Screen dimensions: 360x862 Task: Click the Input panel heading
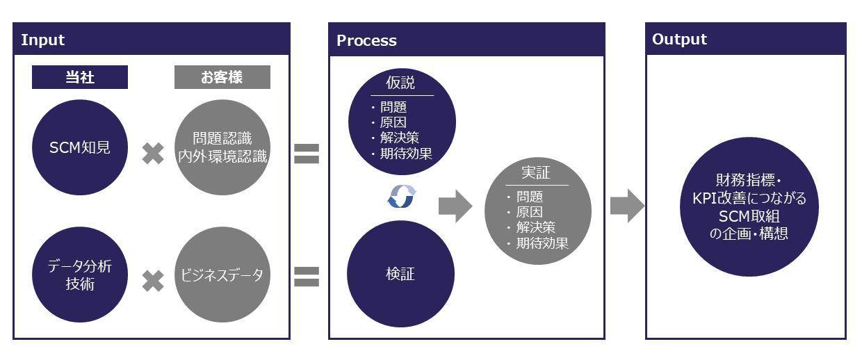pyautogui.click(x=43, y=40)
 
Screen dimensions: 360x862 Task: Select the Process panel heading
pyautogui.click(x=366, y=40)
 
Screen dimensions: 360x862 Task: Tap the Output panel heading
pyautogui.click(x=679, y=40)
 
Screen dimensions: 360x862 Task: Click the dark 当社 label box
pyautogui.click(x=80, y=77)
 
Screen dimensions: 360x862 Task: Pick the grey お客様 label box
pyautogui.click(x=222, y=77)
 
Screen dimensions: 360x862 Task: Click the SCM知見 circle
pyautogui.click(x=80, y=148)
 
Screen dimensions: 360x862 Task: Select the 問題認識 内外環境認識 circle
pyautogui.click(x=222, y=148)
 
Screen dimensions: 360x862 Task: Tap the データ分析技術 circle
pyautogui.click(x=80, y=275)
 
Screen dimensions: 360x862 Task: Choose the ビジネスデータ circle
pyautogui.click(x=222, y=275)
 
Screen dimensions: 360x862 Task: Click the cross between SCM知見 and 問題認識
pyautogui.click(x=153, y=154)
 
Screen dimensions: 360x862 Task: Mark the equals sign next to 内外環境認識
pyautogui.click(x=306, y=154)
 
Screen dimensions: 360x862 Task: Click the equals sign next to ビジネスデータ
pyautogui.click(x=306, y=277)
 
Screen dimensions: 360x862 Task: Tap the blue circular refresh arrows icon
pyautogui.click(x=401, y=197)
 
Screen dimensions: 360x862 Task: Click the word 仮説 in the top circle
pyautogui.click(x=401, y=83)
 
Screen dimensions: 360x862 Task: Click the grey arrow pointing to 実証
pyautogui.click(x=455, y=206)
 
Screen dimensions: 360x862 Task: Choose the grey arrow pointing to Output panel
pyautogui.click(x=626, y=206)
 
